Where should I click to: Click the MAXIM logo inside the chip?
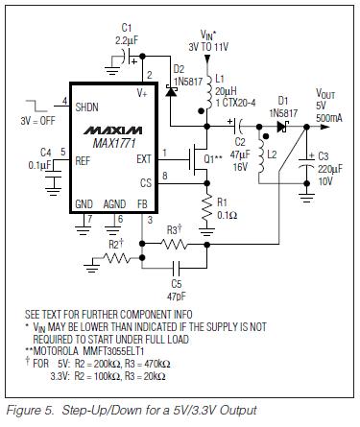(112, 130)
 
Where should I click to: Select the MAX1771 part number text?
(114, 143)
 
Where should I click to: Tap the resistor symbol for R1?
(207, 209)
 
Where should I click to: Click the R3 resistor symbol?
(174, 245)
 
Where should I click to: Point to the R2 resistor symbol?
(116, 258)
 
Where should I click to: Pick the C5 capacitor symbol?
(176, 268)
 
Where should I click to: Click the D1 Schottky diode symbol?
(282, 127)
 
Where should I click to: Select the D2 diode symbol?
(171, 91)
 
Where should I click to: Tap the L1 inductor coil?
(208, 92)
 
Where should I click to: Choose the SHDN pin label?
(86, 107)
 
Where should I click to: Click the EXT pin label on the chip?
(144, 159)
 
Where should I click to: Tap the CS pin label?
(146, 183)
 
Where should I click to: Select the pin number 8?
(165, 176)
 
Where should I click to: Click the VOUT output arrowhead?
(324, 127)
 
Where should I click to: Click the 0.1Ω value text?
(228, 215)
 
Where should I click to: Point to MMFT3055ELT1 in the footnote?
(113, 351)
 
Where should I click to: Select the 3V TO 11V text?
(208, 47)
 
